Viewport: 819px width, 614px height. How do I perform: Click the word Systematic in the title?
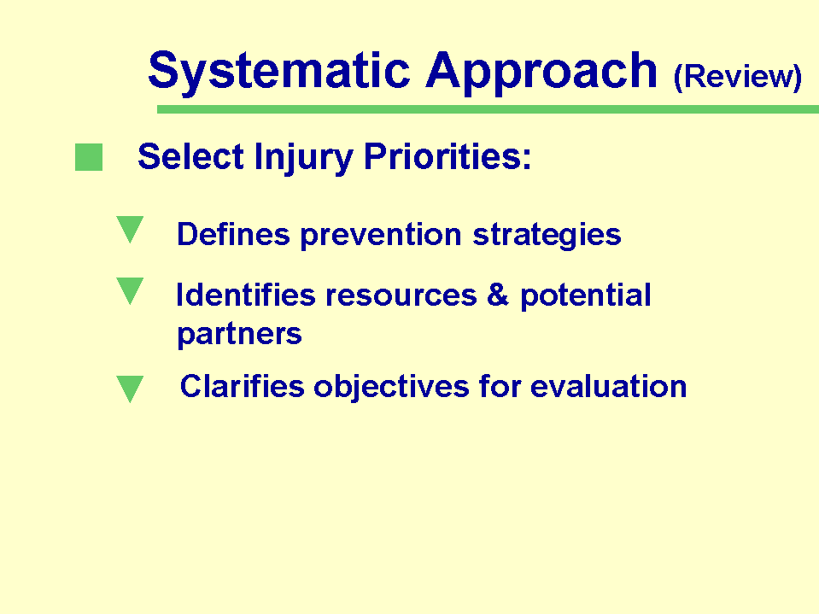coord(279,72)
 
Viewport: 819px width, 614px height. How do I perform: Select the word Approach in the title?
coord(541,73)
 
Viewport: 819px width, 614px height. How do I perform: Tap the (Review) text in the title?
coord(738,77)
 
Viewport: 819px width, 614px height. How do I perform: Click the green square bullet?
coord(89,157)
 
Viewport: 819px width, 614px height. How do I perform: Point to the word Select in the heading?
coord(190,156)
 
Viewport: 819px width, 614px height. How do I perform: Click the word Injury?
coord(304,158)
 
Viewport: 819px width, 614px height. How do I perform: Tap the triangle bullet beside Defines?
coord(130,229)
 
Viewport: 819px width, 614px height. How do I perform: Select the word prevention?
coord(381,236)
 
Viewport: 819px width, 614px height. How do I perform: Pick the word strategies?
coord(547,236)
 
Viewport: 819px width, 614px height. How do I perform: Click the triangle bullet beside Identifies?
coord(130,291)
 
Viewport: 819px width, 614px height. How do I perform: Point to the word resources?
coord(401,295)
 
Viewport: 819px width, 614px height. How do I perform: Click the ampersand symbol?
coord(498,295)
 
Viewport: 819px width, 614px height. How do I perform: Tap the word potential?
coord(586,296)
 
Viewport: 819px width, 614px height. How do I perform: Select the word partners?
coord(240,335)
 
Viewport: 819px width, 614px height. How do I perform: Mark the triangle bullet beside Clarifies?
coord(130,389)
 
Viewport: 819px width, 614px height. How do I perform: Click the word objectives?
coord(391,388)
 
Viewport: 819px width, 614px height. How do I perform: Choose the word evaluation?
coord(609,386)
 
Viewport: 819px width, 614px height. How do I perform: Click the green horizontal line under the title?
coord(488,109)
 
